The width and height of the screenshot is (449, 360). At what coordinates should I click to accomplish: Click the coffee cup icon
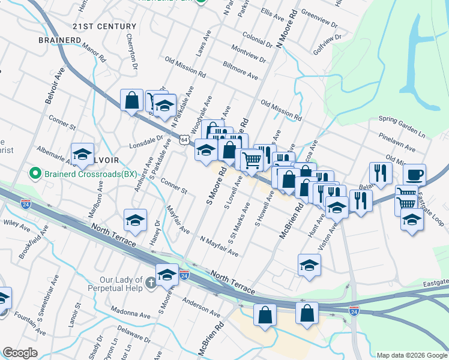[x=414, y=175]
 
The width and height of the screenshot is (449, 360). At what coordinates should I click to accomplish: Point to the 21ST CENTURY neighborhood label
[x=104, y=26]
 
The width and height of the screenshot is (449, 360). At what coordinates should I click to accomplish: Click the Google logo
[x=20, y=352]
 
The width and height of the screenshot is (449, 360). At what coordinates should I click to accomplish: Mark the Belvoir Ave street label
[x=55, y=85]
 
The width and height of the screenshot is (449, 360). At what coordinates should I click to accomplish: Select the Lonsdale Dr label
[x=146, y=142]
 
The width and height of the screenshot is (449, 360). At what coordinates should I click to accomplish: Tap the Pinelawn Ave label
[x=397, y=143]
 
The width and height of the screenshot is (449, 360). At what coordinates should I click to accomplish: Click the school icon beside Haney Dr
[x=136, y=221]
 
